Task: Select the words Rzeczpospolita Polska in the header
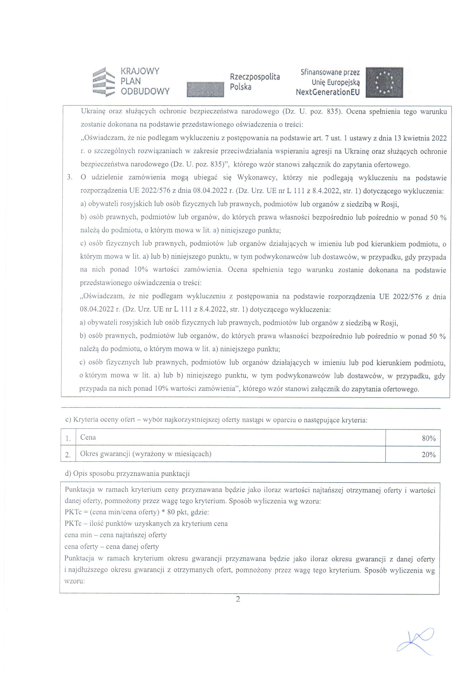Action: [x=255, y=82]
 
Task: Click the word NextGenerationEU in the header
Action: [x=327, y=92]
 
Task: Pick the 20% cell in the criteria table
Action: [x=429, y=455]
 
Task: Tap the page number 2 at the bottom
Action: [x=238, y=599]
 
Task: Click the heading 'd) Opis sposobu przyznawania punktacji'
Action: [x=127, y=474]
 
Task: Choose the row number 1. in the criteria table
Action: [x=68, y=438]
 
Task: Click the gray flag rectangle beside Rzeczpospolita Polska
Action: [x=205, y=89]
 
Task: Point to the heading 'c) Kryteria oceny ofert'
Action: [x=216, y=420]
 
